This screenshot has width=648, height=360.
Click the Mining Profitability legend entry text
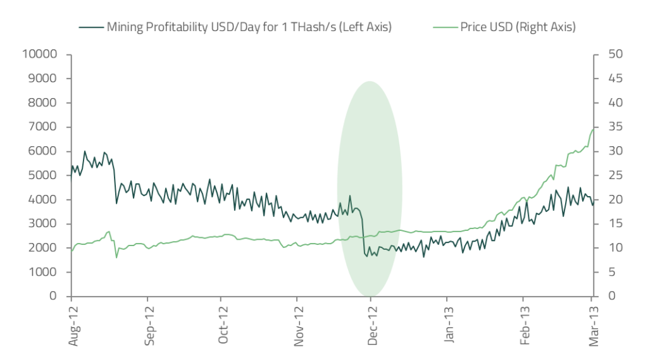pyautogui.click(x=249, y=27)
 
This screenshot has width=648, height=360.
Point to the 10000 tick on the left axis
pyautogui.click(x=40, y=54)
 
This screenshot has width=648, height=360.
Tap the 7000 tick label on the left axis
pyautogui.click(x=44, y=127)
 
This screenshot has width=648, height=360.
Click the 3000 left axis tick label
pyautogui.click(x=44, y=224)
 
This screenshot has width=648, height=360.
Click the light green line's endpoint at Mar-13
pyautogui.click(x=593, y=129)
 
